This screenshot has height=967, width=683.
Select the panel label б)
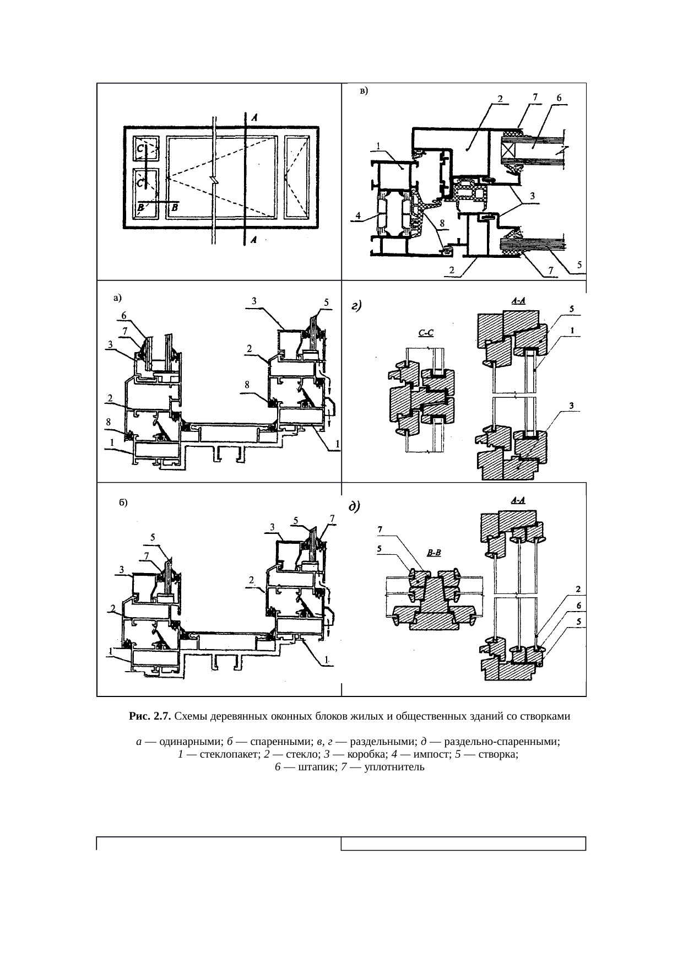point(123,503)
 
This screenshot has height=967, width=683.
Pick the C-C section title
point(426,333)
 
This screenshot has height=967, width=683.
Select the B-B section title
point(435,552)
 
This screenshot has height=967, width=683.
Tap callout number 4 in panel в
point(358,215)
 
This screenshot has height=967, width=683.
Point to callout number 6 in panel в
point(559,98)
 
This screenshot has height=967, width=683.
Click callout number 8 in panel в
point(442,223)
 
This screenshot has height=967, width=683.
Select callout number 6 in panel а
point(124,315)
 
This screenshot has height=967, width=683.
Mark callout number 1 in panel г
point(573,331)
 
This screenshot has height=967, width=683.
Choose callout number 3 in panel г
point(572,406)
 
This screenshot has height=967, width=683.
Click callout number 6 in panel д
point(579,606)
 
